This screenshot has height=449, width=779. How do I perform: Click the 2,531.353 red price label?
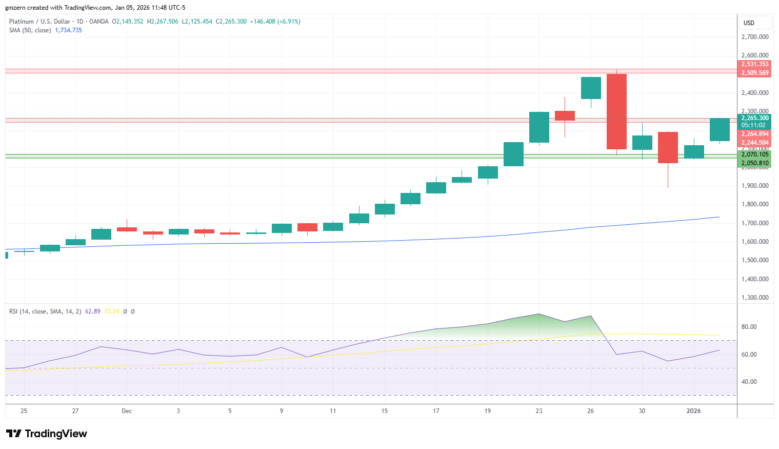tap(755, 64)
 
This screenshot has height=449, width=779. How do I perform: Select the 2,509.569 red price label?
tap(755, 73)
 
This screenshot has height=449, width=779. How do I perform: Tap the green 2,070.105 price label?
tap(755, 154)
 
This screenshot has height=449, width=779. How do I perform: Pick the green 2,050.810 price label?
tap(755, 163)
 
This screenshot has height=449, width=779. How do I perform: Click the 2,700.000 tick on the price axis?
tap(755, 37)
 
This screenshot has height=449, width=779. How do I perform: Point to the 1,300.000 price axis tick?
tap(755, 298)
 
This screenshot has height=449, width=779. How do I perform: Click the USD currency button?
tap(749, 23)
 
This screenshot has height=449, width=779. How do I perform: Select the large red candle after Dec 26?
tap(616, 111)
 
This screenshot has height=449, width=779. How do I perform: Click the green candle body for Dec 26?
tap(591, 88)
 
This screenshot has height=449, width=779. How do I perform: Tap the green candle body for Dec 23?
tap(539, 127)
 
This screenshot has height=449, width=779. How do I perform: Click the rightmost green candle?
tap(720, 129)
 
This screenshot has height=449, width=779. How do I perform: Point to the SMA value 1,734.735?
tap(68, 30)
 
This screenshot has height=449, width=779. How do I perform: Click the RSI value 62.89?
tap(92, 311)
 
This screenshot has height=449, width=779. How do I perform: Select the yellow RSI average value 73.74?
tap(111, 311)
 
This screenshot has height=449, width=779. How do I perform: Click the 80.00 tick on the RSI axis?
tap(749, 327)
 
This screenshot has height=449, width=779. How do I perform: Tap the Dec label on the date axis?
tap(127, 411)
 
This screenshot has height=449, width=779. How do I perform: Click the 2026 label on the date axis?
tap(693, 411)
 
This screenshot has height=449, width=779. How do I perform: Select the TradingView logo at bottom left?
tap(47, 434)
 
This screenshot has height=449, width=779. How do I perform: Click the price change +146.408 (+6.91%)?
tap(275, 22)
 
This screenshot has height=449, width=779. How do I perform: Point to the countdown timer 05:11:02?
tap(753, 125)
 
